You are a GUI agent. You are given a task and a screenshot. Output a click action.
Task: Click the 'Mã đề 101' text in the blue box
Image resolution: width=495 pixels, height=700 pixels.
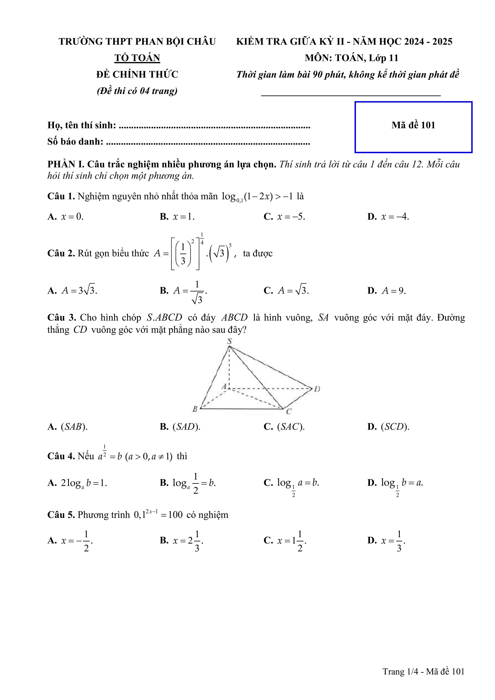pos(413,125)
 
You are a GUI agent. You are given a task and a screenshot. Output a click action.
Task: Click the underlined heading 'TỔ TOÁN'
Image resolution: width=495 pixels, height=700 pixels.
pos(137,58)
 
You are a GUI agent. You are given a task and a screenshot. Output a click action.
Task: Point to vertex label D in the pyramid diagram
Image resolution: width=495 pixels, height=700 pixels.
pos(317,389)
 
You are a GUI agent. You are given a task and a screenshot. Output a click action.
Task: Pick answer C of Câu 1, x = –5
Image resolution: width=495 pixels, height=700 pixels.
pos(284,217)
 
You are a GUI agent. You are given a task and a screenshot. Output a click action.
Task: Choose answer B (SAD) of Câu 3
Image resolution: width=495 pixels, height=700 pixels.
pos(180,427)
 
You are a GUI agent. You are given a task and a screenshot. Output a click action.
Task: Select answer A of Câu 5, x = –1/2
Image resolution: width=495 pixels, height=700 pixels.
pos(70,541)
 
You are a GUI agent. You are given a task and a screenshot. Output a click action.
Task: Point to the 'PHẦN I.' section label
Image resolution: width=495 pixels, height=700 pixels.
pos(66,165)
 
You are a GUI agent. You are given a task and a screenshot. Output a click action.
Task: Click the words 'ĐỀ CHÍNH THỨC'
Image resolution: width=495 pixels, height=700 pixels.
pos(137,74)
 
